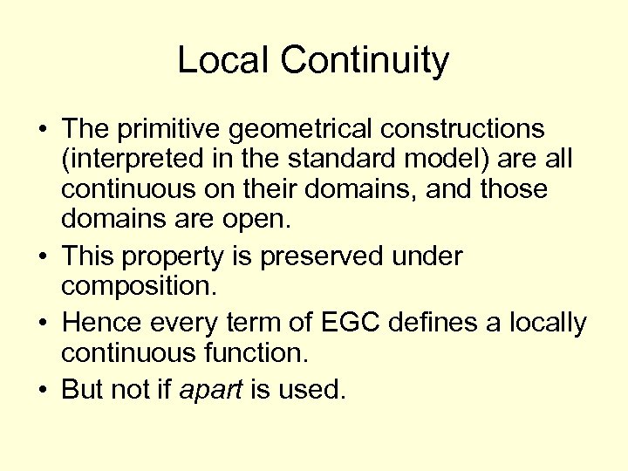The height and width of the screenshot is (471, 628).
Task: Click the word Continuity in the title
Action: point(366,61)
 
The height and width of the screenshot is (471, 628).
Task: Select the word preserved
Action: point(304,257)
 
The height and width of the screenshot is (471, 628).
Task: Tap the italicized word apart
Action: point(212,390)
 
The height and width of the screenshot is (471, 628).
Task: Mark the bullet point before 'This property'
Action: point(43,257)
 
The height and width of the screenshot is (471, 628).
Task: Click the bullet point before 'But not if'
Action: point(43,390)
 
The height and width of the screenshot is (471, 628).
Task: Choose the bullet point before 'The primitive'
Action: point(43,130)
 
